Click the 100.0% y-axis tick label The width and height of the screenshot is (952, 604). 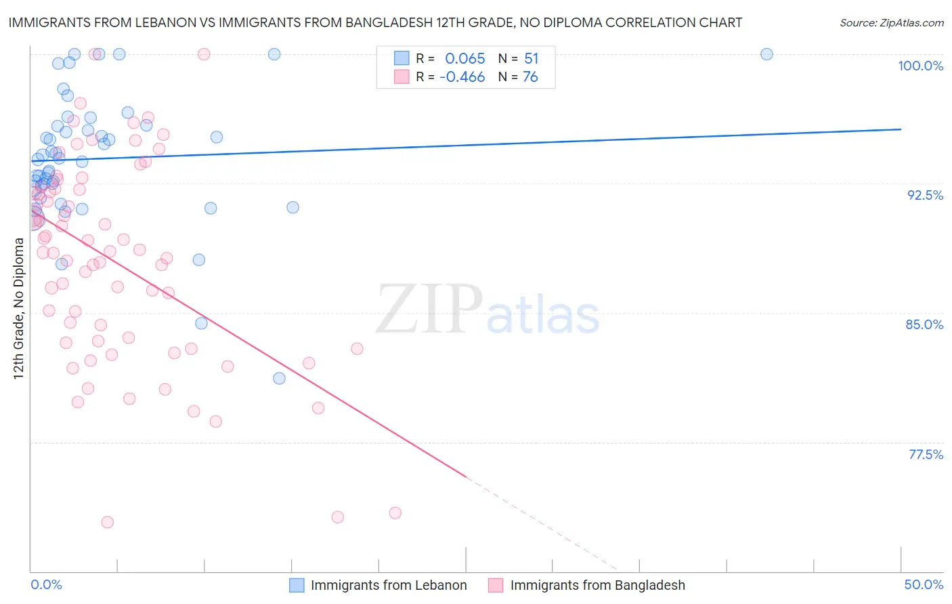[x=920, y=66]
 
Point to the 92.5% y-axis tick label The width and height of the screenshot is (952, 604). [x=925, y=195]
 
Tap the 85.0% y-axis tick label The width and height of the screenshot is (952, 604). [x=924, y=324]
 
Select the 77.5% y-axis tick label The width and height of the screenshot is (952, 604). [x=926, y=454]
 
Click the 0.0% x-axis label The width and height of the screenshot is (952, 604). [x=46, y=584]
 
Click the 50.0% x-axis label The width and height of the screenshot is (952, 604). [x=924, y=584]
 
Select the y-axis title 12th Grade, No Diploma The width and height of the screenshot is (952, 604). [x=19, y=308]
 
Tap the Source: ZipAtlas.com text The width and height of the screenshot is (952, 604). [x=891, y=22]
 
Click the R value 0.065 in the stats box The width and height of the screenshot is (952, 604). [x=464, y=59]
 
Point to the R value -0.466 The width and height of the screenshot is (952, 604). [x=462, y=77]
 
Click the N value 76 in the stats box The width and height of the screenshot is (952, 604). [x=530, y=77]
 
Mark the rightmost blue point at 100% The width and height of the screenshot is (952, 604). [x=766, y=54]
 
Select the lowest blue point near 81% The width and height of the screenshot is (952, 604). [x=279, y=379]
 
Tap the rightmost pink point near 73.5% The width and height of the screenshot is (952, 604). [x=395, y=513]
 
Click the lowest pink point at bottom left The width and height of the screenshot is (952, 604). [x=107, y=522]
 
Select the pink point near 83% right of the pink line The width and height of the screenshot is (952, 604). [x=357, y=349]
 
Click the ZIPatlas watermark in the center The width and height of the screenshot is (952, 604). [x=488, y=309]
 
